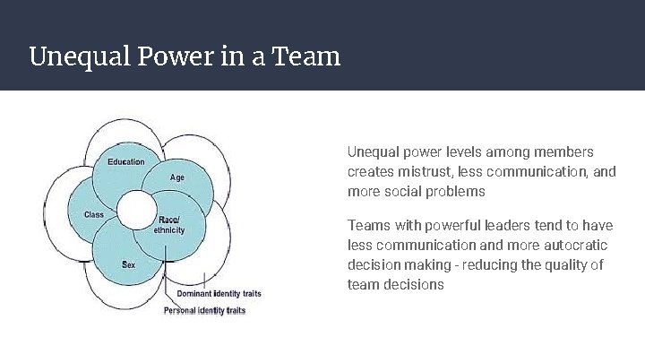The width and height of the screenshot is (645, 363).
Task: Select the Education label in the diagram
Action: coord(126,162)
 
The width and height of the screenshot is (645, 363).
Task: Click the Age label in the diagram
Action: coord(177,177)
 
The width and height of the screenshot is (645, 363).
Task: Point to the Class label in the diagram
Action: coord(94,215)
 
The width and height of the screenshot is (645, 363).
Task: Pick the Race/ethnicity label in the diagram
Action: coord(168,225)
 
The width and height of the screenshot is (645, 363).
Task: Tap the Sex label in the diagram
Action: coord(129,265)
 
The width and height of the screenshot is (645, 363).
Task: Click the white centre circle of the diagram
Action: coord(136,212)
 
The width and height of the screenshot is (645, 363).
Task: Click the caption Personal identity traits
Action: coord(204,311)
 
